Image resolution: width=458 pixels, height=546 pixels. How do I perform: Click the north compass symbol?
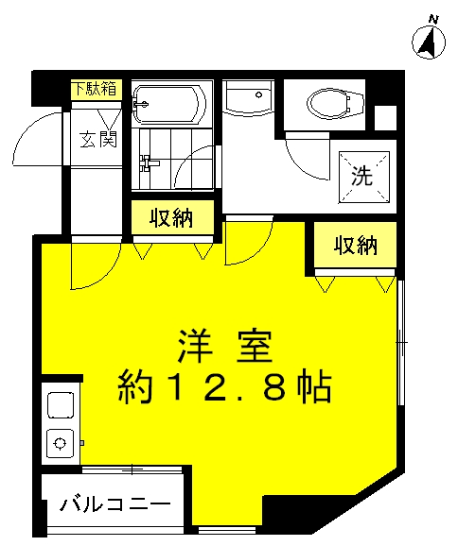(x=429, y=41)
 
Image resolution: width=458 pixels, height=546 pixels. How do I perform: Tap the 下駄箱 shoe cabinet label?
(x=95, y=89)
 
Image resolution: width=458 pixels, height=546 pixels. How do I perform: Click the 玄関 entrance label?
(x=98, y=139)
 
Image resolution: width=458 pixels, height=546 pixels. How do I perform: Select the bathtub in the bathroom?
(x=169, y=104)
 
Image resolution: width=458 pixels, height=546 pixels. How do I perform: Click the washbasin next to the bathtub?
(x=248, y=98)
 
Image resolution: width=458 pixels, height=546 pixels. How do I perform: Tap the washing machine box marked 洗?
(x=364, y=177)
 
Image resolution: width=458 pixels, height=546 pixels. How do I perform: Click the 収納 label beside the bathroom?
(x=171, y=218)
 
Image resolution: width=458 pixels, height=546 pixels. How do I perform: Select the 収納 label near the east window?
(x=356, y=246)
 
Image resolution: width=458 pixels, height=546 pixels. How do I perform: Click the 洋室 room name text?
(x=225, y=347)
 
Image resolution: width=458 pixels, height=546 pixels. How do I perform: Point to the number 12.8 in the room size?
(x=227, y=388)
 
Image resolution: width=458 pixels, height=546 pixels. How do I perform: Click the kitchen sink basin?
(x=61, y=405)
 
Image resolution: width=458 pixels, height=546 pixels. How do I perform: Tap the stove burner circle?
(x=61, y=443)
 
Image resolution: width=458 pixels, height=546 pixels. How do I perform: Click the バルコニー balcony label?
(x=115, y=503)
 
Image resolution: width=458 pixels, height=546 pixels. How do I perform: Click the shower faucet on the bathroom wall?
(x=149, y=163)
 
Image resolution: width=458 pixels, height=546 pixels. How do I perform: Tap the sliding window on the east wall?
(x=401, y=342)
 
